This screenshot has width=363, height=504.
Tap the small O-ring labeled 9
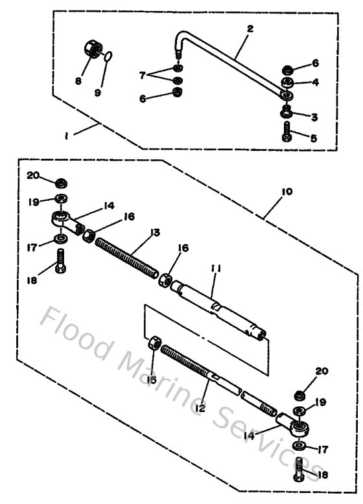coord(110,58)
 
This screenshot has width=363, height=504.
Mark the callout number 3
coord(314,117)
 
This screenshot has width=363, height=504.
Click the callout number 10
coord(287,192)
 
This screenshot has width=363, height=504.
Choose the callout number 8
coord(78,81)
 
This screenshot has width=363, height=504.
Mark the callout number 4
coord(315,82)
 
